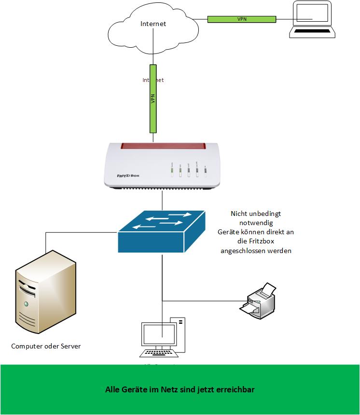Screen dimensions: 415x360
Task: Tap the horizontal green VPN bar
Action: tap(241, 19)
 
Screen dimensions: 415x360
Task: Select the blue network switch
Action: tap(162, 231)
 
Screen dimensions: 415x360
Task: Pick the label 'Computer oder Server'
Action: tap(46, 346)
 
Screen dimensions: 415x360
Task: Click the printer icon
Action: tap(258, 299)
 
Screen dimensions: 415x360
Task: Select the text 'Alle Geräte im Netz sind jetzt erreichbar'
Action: tap(180, 389)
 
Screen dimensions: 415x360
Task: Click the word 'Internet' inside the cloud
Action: tap(153, 24)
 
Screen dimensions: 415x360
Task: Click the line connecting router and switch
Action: tap(163, 200)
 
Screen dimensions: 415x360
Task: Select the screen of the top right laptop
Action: tap(312, 14)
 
